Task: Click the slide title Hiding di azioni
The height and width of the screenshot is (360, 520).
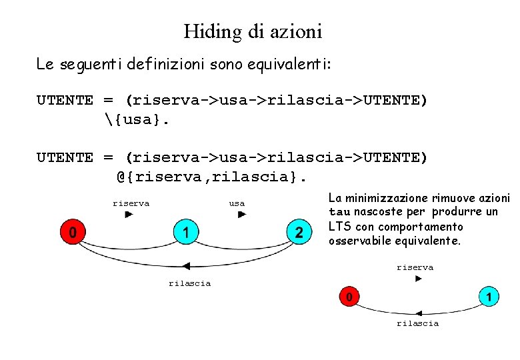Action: tap(253, 31)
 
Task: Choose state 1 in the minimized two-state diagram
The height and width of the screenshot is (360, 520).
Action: tap(489, 295)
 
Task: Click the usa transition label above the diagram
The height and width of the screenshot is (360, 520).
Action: tap(237, 203)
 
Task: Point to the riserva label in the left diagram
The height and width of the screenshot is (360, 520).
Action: tap(131, 203)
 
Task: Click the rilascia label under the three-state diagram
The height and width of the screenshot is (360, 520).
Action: tap(189, 283)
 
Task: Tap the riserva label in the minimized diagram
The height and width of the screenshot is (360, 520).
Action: tap(415, 267)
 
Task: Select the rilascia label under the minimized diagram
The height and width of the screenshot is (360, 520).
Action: tap(417, 323)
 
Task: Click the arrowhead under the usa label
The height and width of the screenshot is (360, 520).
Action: tap(242, 215)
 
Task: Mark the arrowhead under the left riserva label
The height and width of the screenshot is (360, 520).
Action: tap(129, 215)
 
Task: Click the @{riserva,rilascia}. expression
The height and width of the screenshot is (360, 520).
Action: tap(211, 177)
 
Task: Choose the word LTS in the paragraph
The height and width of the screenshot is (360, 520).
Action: tap(338, 226)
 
